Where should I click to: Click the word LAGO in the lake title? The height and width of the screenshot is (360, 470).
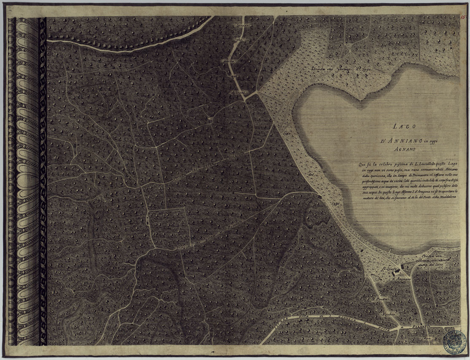tap(404, 126)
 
